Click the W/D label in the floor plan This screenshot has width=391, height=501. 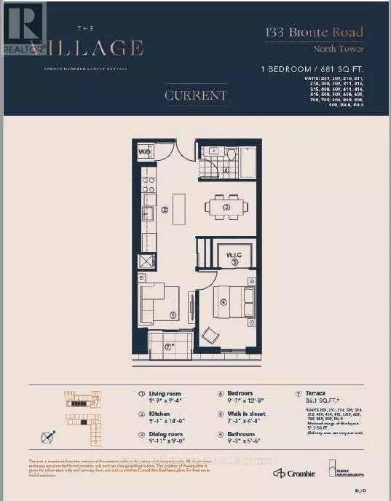[x=144, y=151]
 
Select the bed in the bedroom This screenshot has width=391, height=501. [x=235, y=301]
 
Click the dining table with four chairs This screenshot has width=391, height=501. [x=226, y=207]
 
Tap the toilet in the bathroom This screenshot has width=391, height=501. [x=230, y=156]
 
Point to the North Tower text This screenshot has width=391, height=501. [x=339, y=49]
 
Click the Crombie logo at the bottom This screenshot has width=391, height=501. [x=295, y=474]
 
